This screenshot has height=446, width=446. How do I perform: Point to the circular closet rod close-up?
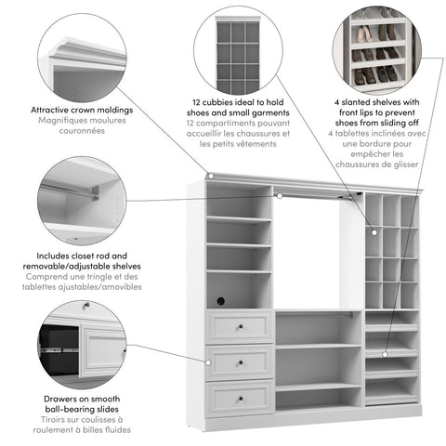click(x=82, y=201)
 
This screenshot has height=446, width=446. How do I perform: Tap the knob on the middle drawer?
click(x=240, y=361)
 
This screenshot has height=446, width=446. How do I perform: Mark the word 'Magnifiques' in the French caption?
click(x=66, y=120)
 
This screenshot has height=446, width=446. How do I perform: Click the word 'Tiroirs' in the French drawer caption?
click(x=53, y=418)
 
